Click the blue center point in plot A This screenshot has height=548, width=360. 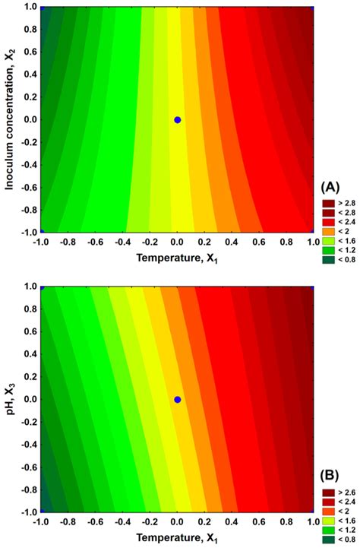pyautogui.click(x=177, y=119)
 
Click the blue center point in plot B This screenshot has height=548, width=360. pyautogui.click(x=177, y=399)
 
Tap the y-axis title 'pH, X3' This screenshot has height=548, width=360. pyautogui.click(x=11, y=398)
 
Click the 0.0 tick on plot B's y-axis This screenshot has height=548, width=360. pyautogui.click(x=29, y=399)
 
